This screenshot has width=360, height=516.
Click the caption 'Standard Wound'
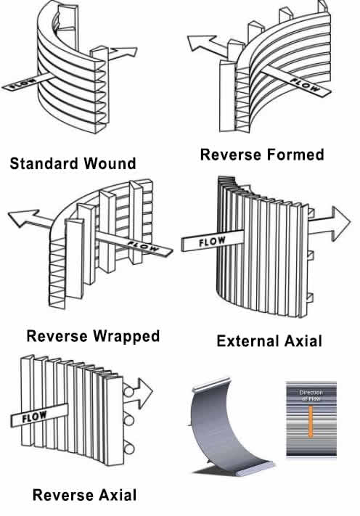tap(73, 163)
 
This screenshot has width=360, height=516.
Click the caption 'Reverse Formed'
tap(262, 154)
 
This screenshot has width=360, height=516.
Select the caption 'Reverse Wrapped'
tap(93, 336)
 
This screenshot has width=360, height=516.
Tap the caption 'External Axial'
tap(269, 340)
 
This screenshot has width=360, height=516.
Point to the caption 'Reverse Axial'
tap(84, 496)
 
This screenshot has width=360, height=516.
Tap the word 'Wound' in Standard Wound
tap(109, 163)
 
